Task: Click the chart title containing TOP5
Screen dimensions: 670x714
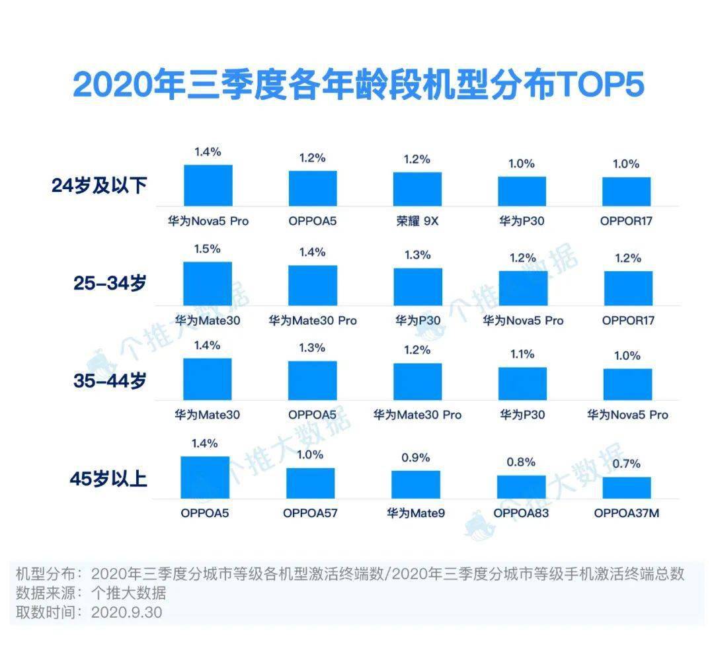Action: point(358,85)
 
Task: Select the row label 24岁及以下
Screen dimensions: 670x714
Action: point(99,186)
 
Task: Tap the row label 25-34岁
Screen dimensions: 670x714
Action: point(110,283)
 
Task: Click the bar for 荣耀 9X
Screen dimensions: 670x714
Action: point(417,189)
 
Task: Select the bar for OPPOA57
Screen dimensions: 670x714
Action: point(310,483)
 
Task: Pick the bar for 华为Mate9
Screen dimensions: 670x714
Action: point(415,484)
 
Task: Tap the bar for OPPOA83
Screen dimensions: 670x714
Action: point(521,486)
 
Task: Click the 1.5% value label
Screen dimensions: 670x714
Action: point(207,249)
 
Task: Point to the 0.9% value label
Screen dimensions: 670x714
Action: point(416,458)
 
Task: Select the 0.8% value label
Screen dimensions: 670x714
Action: point(521,462)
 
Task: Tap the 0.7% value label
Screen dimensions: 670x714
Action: point(626,464)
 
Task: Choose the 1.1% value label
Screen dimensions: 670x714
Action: point(522,355)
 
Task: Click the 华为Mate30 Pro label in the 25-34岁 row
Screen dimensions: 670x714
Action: point(312,320)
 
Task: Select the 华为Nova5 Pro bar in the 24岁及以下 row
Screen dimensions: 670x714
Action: point(208,185)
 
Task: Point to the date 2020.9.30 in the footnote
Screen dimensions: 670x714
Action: point(126,612)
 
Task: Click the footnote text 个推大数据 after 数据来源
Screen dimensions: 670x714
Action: point(129,593)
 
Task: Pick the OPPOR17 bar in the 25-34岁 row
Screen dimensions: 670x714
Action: point(628,288)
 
